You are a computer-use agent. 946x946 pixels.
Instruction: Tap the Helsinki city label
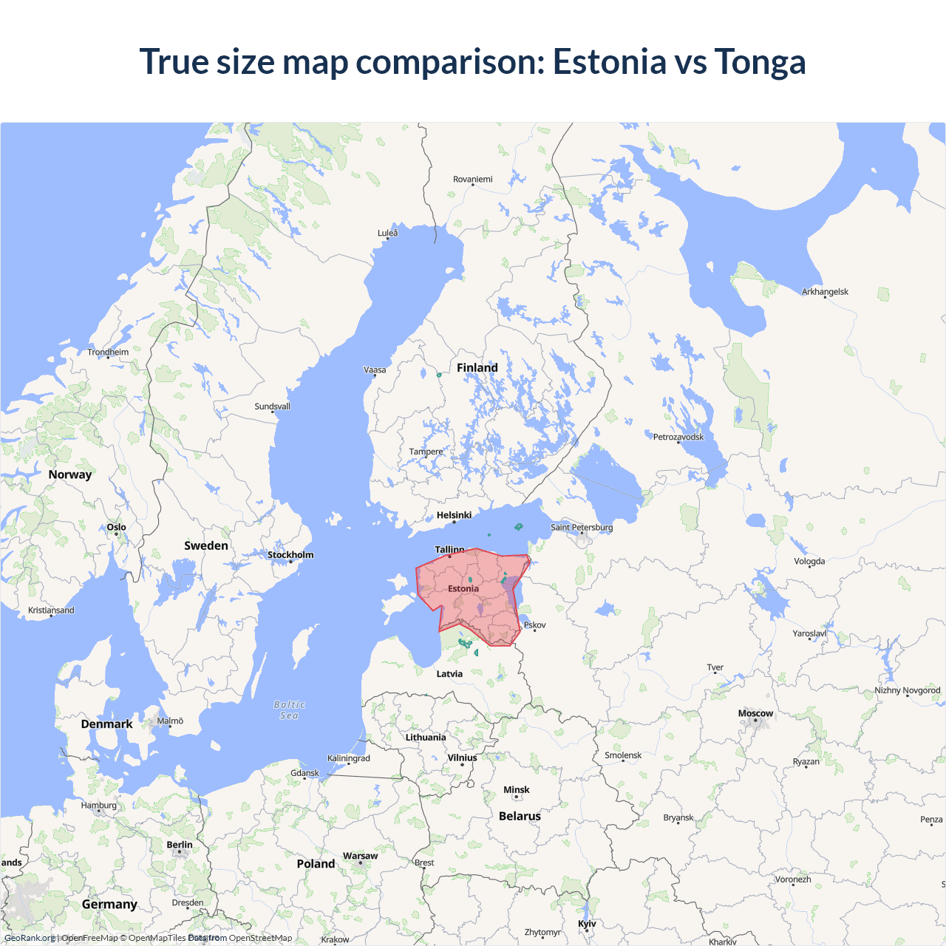(454, 515)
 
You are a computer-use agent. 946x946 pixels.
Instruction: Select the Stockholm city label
(290, 555)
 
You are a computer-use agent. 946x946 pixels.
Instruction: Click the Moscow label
(755, 713)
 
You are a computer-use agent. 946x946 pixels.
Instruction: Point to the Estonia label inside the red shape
(463, 589)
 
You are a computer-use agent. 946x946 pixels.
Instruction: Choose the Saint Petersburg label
(582, 527)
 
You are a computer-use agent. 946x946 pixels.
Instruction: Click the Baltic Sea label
(289, 709)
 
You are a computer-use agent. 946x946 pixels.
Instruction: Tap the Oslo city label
(117, 527)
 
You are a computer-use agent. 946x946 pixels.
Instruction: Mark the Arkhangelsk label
(825, 292)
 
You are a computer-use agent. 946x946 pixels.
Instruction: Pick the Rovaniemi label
(472, 180)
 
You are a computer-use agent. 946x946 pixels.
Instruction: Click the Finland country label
(477, 367)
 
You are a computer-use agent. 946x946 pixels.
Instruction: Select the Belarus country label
(520, 816)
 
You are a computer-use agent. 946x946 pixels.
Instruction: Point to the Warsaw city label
(360, 856)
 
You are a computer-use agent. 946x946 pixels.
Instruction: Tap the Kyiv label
(587, 924)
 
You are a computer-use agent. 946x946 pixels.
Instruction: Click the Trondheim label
(108, 352)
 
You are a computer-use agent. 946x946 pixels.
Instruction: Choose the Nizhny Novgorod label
(908, 690)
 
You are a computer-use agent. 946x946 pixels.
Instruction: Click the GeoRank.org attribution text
(30, 938)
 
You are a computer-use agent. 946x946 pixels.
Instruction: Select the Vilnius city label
(462, 758)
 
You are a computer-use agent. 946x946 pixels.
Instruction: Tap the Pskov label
(535, 625)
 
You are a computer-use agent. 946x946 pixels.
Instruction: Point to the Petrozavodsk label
(678, 437)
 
